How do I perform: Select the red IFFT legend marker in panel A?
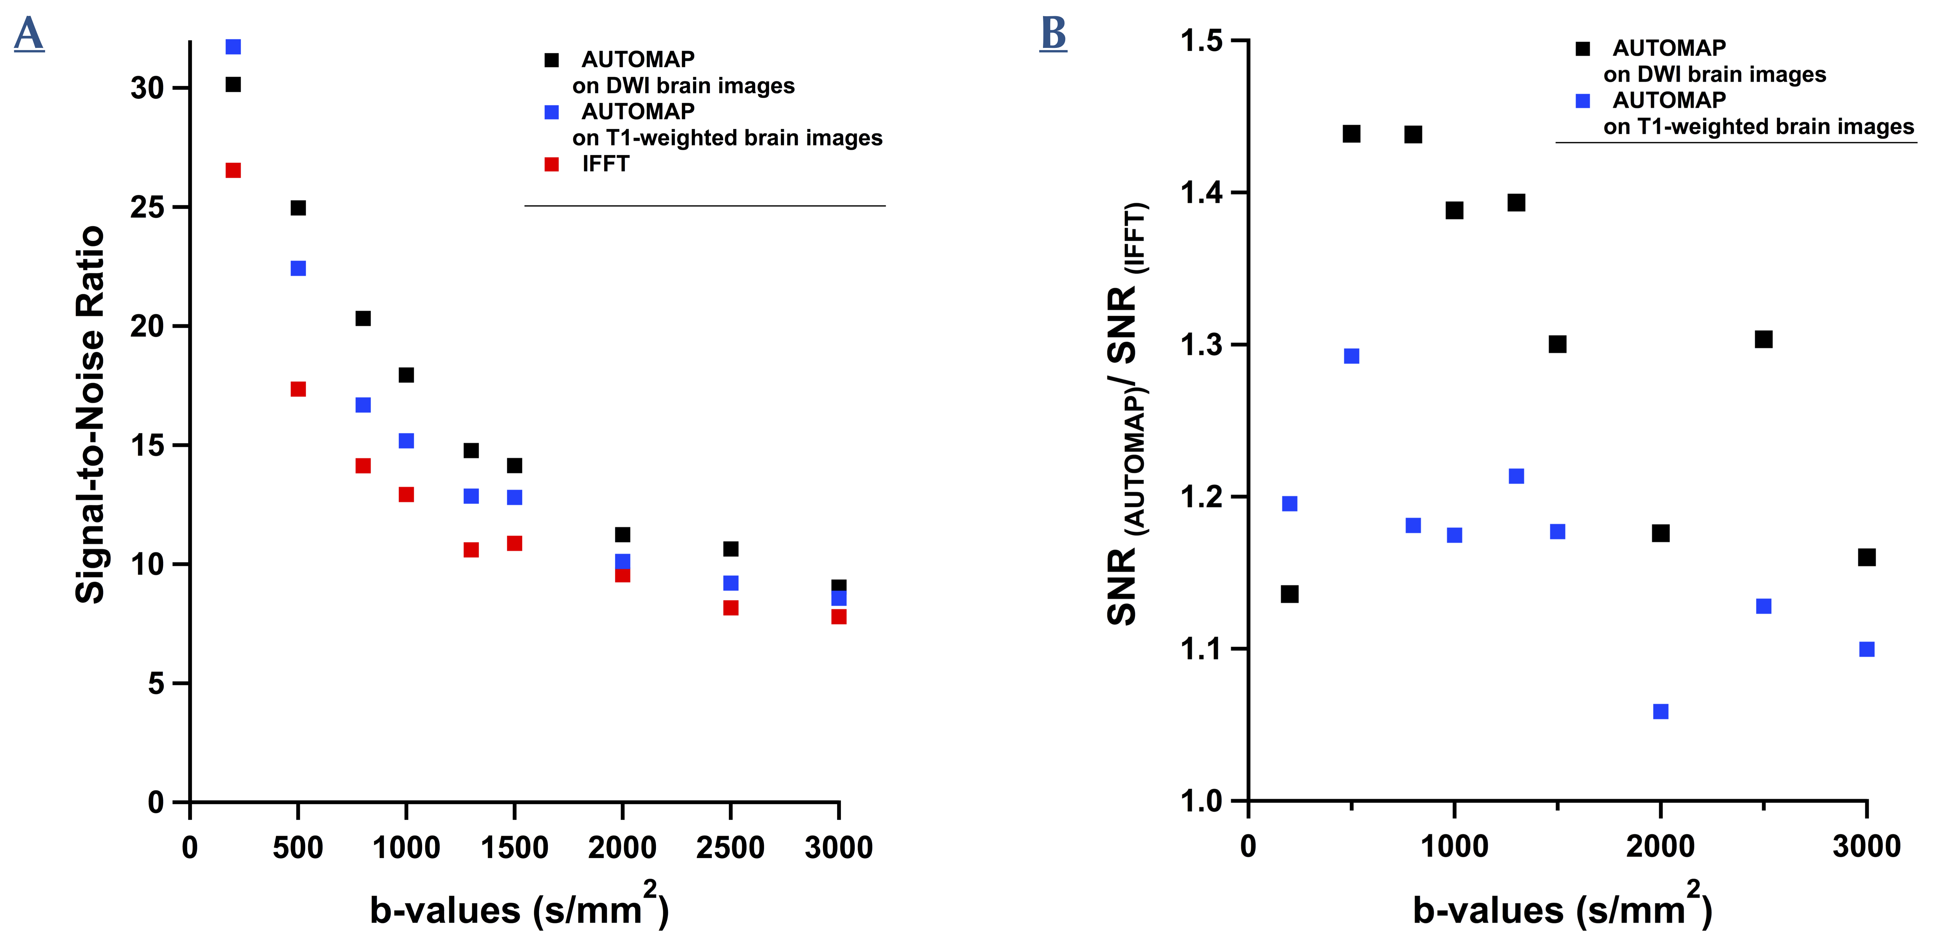pyautogui.click(x=551, y=164)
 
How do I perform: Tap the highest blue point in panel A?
pyautogui.click(x=234, y=47)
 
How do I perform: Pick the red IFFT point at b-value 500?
pyautogui.click(x=298, y=389)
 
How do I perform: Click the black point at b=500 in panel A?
pyautogui.click(x=298, y=208)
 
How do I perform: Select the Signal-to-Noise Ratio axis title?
pyautogui.click(x=90, y=414)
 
